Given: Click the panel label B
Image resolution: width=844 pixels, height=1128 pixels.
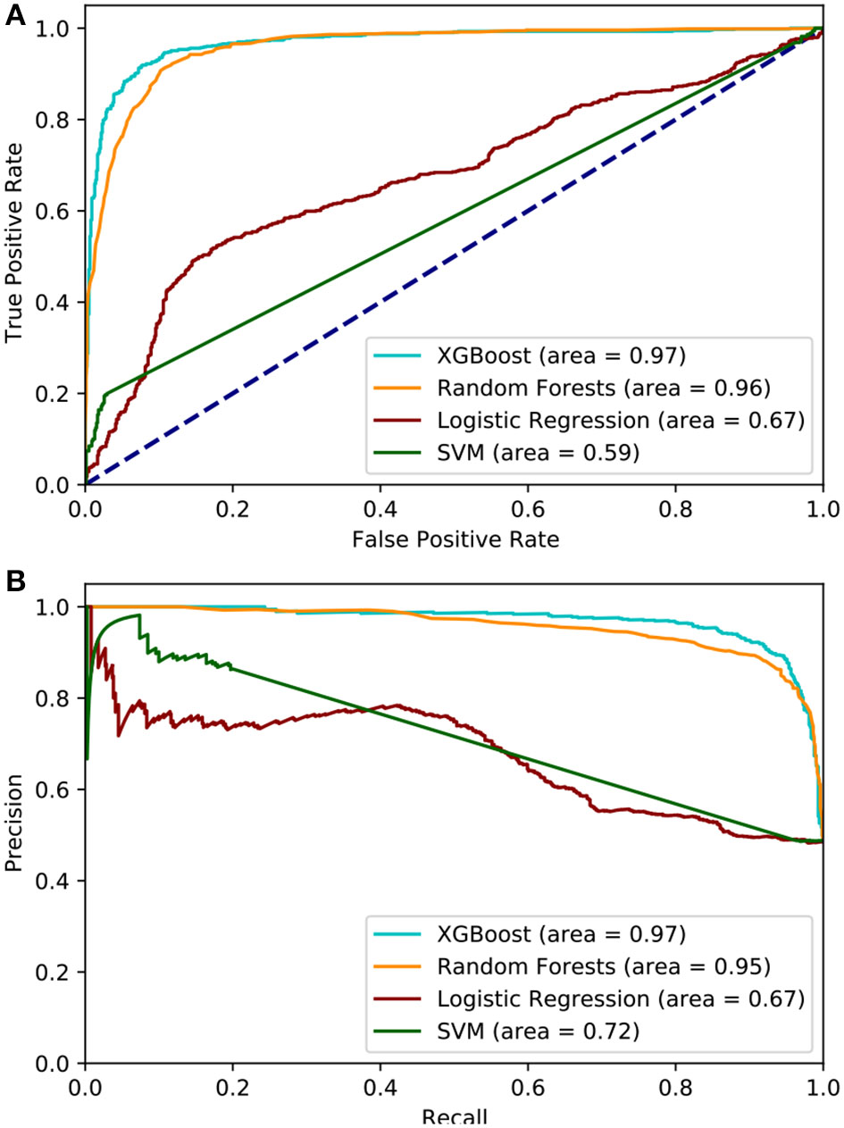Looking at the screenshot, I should (x=15, y=582).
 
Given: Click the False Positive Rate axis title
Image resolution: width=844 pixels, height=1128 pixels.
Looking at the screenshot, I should (x=455, y=539).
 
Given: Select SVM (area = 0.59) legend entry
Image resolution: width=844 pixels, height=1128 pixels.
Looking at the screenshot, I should (x=539, y=453).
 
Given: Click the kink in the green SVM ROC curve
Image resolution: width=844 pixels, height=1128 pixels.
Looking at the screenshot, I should (x=105, y=394).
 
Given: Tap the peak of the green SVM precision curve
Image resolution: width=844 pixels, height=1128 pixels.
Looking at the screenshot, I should (x=138, y=614).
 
